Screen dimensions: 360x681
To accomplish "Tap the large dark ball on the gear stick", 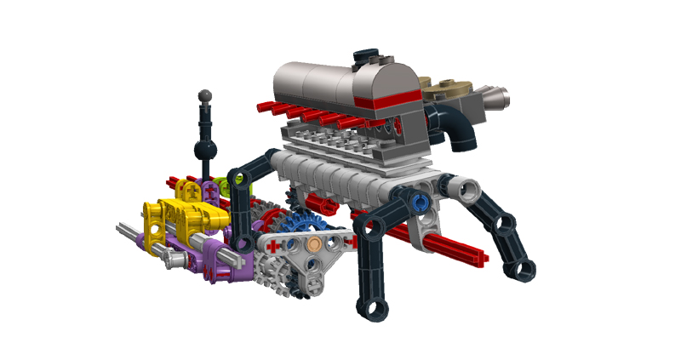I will (205, 151).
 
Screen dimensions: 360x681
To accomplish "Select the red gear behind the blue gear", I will (271, 223).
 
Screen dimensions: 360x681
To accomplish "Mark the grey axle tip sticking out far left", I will (124, 228).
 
